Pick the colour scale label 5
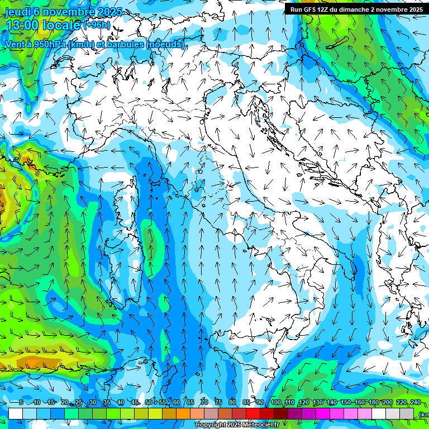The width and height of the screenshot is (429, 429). [21, 403]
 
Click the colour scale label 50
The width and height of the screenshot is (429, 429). [149, 403]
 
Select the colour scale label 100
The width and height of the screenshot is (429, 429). [276, 403]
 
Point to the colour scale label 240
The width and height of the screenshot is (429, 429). [416, 403]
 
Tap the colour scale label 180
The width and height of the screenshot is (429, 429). [374, 403]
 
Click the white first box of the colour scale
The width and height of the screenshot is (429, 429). [16, 413]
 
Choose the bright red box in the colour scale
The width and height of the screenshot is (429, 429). [253, 413]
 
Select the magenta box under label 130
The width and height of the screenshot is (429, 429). [323, 413]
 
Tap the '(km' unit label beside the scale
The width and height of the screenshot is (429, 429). [423, 414]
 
